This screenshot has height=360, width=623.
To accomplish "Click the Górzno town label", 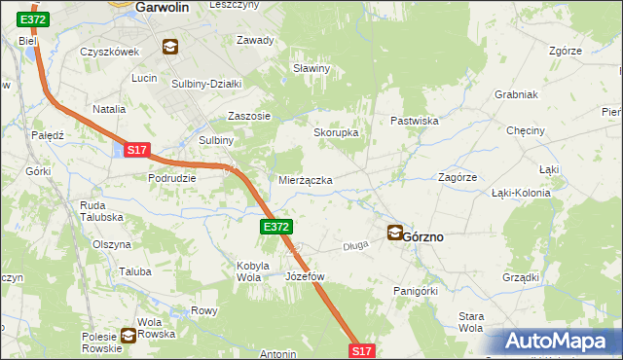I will (429, 235).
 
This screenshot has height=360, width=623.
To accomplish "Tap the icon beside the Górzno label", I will (394, 233).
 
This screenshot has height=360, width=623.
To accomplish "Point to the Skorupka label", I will (336, 133).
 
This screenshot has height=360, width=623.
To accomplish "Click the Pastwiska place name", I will (416, 121).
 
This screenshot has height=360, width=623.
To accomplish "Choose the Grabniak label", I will (516, 95).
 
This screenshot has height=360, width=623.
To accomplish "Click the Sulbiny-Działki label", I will (206, 84).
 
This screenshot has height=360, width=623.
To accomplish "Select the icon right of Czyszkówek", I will (170, 46).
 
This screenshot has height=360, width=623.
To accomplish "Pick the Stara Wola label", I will (471, 322).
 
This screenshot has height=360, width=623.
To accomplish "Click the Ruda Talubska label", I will (100, 211).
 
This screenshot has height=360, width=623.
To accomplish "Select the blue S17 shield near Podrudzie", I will (136, 150).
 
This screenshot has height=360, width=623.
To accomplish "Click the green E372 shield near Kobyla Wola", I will (275, 227).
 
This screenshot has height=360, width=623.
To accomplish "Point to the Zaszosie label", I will (248, 115).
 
